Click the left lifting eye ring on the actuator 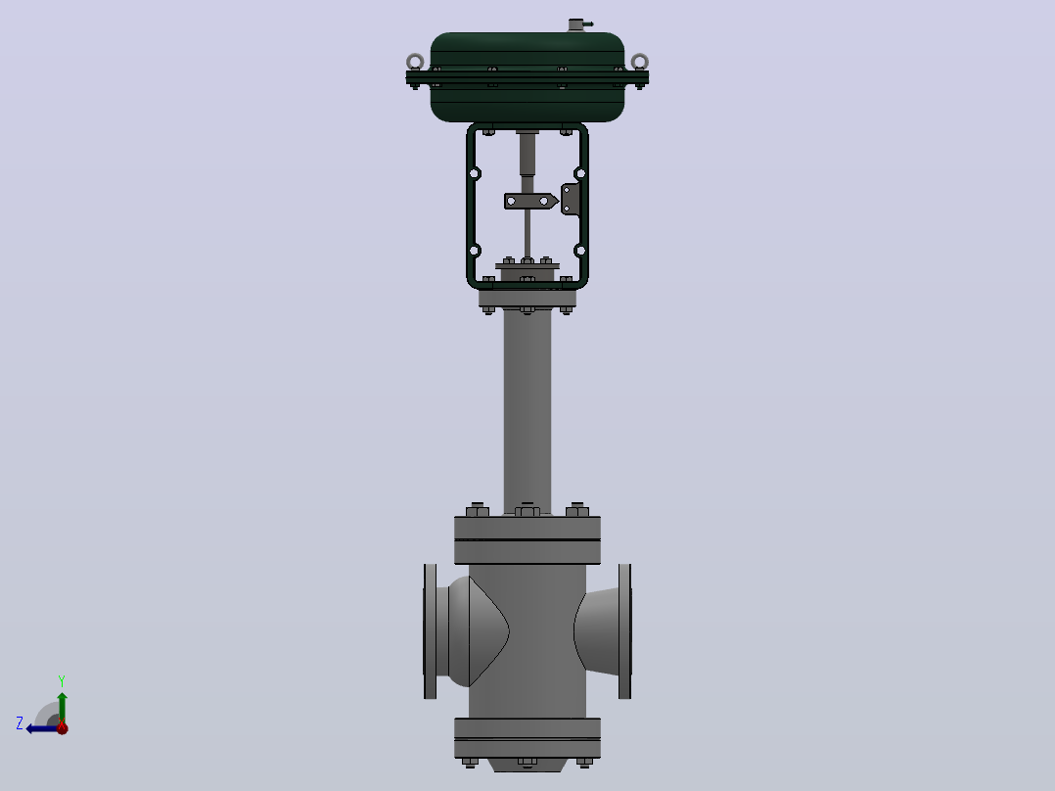pyautogui.click(x=415, y=56)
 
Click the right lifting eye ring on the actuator pyautogui.click(x=640, y=56)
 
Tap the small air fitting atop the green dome pyautogui.click(x=578, y=24)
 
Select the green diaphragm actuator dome pyautogui.click(x=527, y=76)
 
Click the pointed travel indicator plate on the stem pyautogui.click(x=530, y=202)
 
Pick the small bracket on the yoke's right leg pyautogui.click(x=571, y=200)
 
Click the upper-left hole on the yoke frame pyautogui.click(x=475, y=173)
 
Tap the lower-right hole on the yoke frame pyautogui.click(x=580, y=251)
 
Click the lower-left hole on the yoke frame pyautogui.click(x=475, y=251)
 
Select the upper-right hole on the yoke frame pyautogui.click(x=580, y=173)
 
